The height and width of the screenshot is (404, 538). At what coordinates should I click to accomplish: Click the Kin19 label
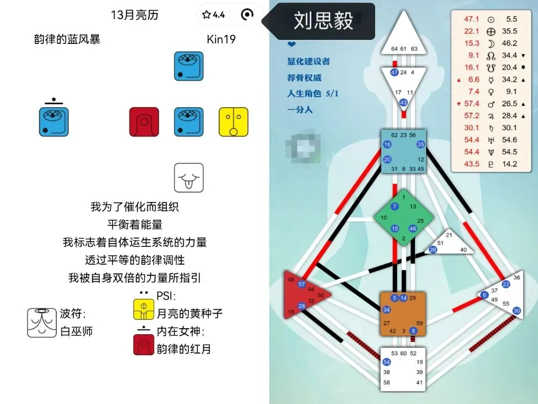(221, 39)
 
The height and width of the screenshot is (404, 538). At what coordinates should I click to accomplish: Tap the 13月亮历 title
(134, 15)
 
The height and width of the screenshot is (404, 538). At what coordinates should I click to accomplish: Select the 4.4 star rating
(214, 15)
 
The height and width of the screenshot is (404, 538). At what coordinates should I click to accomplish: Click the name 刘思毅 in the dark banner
(323, 21)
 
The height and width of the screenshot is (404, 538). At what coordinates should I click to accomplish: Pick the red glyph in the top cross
(144, 122)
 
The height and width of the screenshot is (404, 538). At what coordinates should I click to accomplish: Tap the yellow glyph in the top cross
(234, 122)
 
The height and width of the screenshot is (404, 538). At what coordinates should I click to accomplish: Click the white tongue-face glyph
(189, 178)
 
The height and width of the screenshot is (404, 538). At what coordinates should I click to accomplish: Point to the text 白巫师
(76, 331)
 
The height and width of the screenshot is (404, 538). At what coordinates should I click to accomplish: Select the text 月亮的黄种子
(189, 313)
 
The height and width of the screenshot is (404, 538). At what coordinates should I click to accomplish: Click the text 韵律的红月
(184, 348)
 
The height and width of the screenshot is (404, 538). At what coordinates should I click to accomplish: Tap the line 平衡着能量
(134, 224)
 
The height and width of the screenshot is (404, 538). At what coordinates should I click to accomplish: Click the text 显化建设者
(308, 61)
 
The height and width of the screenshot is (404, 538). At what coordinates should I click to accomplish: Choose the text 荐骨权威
(304, 77)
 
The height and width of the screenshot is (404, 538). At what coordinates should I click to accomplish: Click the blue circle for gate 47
(394, 72)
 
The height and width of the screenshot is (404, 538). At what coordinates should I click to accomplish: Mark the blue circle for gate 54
(387, 362)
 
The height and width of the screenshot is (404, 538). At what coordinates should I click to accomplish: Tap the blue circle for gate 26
(433, 250)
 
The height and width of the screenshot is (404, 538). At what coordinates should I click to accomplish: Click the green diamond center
(403, 217)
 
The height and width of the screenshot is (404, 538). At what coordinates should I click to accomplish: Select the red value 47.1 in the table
(471, 19)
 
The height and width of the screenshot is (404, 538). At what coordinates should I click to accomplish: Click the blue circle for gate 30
(517, 311)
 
